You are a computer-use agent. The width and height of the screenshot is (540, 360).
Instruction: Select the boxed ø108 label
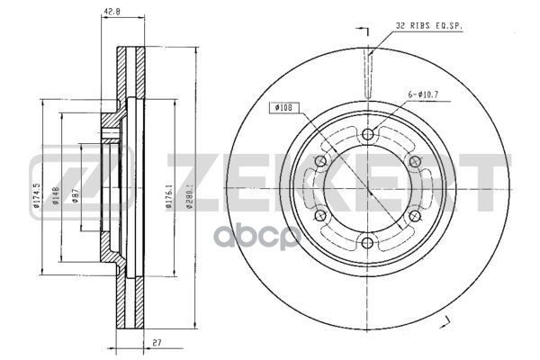pyautogui.click(x=282, y=109)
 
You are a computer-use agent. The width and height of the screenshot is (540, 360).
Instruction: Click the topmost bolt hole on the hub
pyautogui.click(x=367, y=134)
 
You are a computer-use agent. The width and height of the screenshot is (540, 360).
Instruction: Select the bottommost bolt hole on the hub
pyautogui.click(x=367, y=244)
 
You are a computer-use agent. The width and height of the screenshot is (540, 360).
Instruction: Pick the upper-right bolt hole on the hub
pyautogui.click(x=414, y=161)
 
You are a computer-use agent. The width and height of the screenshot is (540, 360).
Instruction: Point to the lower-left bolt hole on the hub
pyautogui.click(x=319, y=216)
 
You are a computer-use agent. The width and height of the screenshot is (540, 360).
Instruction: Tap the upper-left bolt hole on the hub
pyautogui.click(x=319, y=161)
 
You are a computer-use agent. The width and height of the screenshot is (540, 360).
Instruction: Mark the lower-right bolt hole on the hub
pyautogui.click(x=414, y=216)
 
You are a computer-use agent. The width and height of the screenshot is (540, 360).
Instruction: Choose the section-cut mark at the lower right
pyautogui.click(x=443, y=321)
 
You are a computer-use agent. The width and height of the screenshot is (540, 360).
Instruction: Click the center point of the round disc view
pyautogui.click(x=367, y=189)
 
